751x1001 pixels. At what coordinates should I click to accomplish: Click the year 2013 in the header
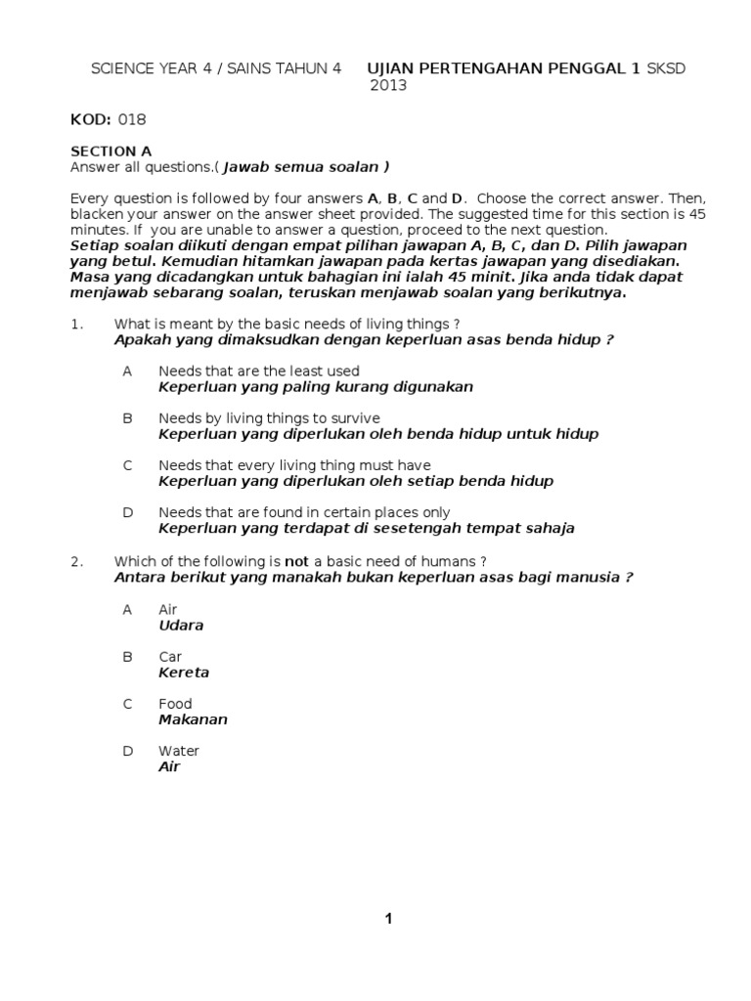387,85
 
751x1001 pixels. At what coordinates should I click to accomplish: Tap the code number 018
132,119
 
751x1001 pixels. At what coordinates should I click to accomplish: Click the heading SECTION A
111,152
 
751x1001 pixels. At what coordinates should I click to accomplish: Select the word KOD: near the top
92,119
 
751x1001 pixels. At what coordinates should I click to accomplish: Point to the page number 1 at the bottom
388,918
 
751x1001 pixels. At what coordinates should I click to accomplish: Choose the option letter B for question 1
127,418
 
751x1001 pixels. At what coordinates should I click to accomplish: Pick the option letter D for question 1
127,512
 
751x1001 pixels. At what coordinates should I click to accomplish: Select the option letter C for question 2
127,704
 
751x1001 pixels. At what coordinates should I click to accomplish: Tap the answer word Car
170,657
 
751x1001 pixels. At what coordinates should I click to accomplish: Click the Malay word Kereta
184,673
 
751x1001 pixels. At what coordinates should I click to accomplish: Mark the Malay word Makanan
193,719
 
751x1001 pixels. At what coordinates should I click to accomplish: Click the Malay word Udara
181,626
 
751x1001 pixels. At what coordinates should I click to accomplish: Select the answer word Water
179,751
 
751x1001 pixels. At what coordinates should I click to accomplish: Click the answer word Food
175,704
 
